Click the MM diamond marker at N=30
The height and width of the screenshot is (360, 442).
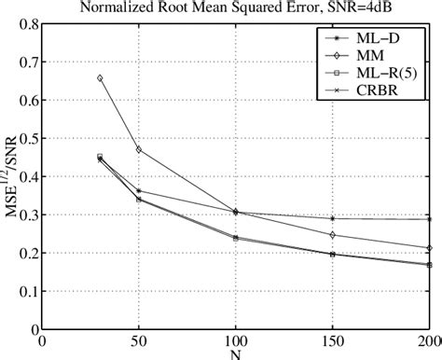point(100,78)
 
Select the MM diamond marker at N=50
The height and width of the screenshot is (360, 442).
point(139,149)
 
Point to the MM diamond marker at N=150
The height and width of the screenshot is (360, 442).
point(333,235)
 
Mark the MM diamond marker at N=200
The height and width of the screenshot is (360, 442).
point(429,248)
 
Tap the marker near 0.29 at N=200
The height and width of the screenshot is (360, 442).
point(429,219)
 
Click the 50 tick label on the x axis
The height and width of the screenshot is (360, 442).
point(139,341)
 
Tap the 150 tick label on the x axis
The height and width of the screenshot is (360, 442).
point(333,341)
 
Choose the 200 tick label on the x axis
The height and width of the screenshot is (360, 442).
point(427,341)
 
